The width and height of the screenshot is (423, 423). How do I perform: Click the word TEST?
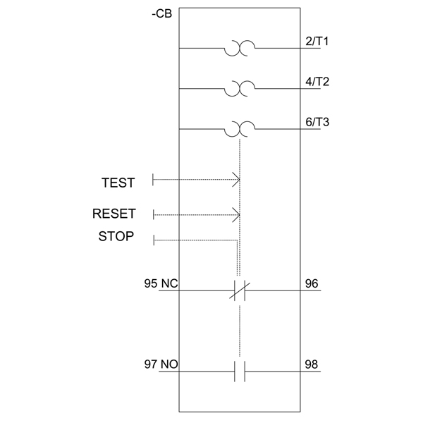(118, 183)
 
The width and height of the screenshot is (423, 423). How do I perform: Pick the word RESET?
(114, 214)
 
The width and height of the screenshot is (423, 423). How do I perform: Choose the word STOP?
(116, 237)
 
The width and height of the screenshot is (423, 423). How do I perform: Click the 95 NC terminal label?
(160, 284)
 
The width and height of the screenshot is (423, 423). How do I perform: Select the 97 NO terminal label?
(160, 365)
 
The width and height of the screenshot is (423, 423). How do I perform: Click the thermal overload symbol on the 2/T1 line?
(240, 48)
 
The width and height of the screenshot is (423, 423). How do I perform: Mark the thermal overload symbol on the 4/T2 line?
(240, 89)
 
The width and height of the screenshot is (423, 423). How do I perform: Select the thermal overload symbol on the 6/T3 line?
(240, 130)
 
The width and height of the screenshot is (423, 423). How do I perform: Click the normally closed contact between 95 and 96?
(240, 290)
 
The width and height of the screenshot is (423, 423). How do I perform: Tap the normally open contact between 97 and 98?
(240, 372)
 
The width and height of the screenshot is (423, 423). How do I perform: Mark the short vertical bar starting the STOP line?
(154, 240)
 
